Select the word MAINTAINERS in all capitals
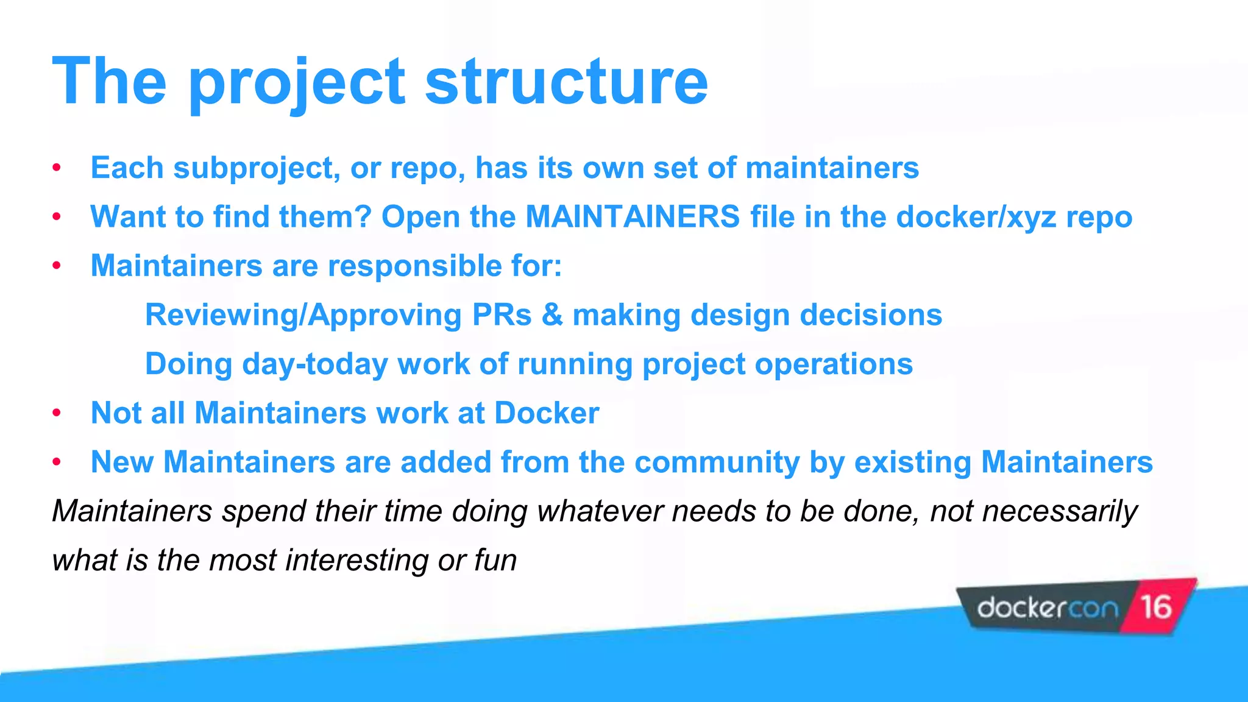click(633, 217)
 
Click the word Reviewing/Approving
click(303, 316)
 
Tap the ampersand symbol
click(552, 316)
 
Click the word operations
click(834, 364)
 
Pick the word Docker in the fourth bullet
click(547, 413)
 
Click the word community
click(717, 462)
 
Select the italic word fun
click(495, 560)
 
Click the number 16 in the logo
click(1156, 607)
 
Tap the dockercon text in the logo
click(1048, 608)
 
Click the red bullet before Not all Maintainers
click(57, 413)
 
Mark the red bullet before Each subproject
click(57, 168)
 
